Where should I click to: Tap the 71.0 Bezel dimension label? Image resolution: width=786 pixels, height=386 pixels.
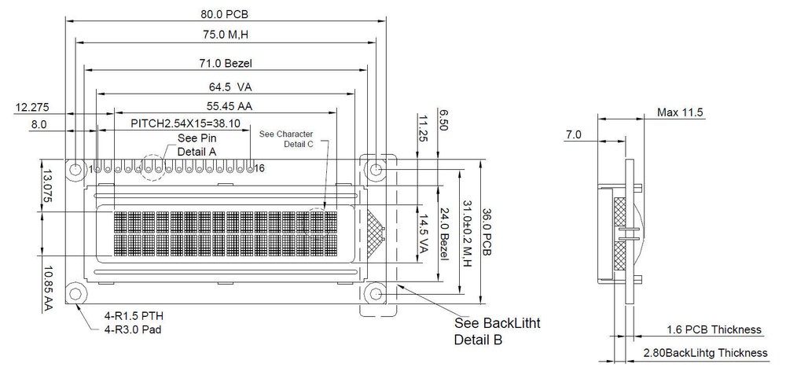tap(226, 63)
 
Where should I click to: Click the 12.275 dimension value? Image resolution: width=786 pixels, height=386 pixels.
tap(32, 107)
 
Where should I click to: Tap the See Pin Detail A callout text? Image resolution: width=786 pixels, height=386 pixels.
tap(196, 144)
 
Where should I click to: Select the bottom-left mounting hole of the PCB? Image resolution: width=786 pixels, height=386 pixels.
tap(75, 294)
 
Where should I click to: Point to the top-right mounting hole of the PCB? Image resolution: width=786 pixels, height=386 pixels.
tap(376, 169)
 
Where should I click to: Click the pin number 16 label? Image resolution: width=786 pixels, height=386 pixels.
tap(260, 168)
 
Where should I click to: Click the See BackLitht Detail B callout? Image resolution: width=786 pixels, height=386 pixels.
tap(497, 332)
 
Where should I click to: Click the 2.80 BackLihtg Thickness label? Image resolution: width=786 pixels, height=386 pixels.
tap(705, 353)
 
